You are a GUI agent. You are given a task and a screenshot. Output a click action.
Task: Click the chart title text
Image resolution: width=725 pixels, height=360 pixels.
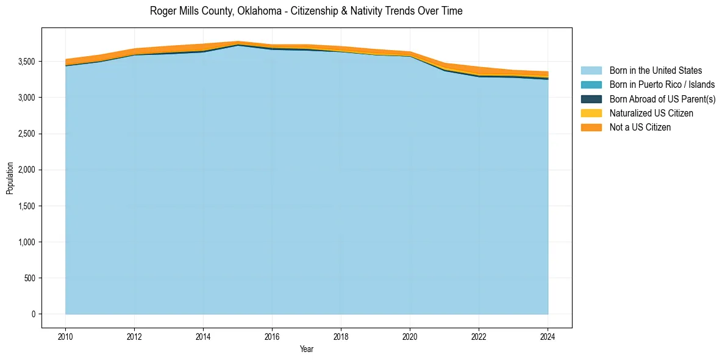[x=306, y=11]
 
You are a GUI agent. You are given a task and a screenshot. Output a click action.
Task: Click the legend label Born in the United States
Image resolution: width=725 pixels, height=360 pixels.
[x=655, y=71]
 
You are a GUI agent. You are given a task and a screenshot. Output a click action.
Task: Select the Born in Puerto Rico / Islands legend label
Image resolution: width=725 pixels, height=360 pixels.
[x=662, y=85]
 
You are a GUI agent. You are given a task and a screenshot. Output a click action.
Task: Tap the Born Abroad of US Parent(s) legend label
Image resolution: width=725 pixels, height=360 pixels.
[x=662, y=99]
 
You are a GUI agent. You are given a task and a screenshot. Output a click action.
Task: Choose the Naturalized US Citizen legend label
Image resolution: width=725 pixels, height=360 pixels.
[x=651, y=113]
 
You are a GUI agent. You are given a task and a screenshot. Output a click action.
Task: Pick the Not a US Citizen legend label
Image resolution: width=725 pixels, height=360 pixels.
[x=640, y=128]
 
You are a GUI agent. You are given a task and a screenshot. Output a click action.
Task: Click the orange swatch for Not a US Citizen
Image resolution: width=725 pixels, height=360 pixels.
[x=591, y=128]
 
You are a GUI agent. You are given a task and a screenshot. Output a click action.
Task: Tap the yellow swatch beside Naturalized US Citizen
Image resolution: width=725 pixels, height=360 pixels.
[x=591, y=113]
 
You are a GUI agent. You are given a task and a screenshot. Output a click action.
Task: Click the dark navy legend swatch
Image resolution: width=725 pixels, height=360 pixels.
[x=591, y=99]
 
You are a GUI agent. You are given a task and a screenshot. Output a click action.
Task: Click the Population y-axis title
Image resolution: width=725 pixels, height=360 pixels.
[x=10, y=178]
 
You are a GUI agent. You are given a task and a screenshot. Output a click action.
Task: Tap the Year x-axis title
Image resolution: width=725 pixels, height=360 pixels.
[x=307, y=349]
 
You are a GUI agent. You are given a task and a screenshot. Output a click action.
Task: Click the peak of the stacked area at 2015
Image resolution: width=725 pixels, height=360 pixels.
[x=238, y=42]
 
